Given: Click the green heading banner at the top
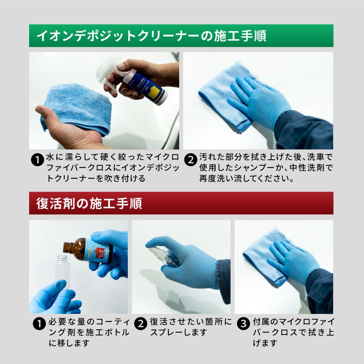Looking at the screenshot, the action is tap(181, 36).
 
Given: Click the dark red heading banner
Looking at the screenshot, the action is tap(181, 203).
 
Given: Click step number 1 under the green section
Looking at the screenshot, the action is tap(37, 160).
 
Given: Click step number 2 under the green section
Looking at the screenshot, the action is tap(190, 160).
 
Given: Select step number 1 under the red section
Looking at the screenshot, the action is tap(39, 324).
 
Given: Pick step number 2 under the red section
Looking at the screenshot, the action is tap(141, 324).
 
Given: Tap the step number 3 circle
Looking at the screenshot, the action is tap(243, 324).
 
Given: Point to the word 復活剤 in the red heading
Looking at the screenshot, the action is tap(56, 203).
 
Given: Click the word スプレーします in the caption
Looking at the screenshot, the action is tap(178, 332).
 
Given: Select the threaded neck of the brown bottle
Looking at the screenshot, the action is tap(67, 247).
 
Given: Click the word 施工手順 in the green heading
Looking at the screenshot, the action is tap(240, 36).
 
